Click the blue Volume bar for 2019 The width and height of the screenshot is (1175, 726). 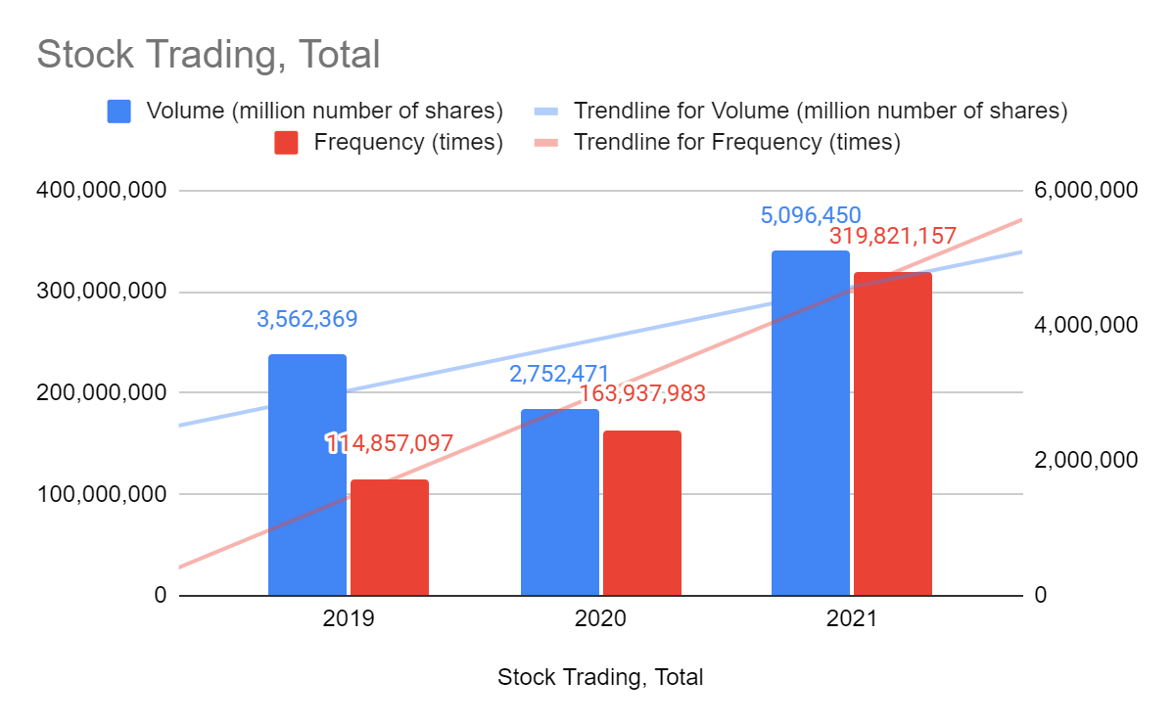coord(307,475)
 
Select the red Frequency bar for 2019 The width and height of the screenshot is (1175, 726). coord(390,537)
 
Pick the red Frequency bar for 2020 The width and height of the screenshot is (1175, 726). coord(641,513)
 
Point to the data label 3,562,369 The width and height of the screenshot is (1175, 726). coord(307,319)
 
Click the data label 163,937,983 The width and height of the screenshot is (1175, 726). coord(642,394)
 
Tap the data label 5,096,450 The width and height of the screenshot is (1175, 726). coord(811,214)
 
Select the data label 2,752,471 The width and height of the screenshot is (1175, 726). coord(559,374)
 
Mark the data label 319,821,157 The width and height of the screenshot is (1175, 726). coord(893,237)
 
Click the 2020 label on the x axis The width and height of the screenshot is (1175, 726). coord(600,620)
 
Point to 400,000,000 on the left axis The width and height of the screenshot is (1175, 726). coord(101,191)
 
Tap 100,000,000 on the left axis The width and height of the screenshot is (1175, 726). coord(101,495)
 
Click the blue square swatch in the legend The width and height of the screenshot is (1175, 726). coord(118,111)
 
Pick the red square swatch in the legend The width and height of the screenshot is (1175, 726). coord(286,143)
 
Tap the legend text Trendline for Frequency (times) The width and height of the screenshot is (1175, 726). coord(736,143)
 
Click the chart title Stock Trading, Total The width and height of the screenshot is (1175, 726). coord(208,54)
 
